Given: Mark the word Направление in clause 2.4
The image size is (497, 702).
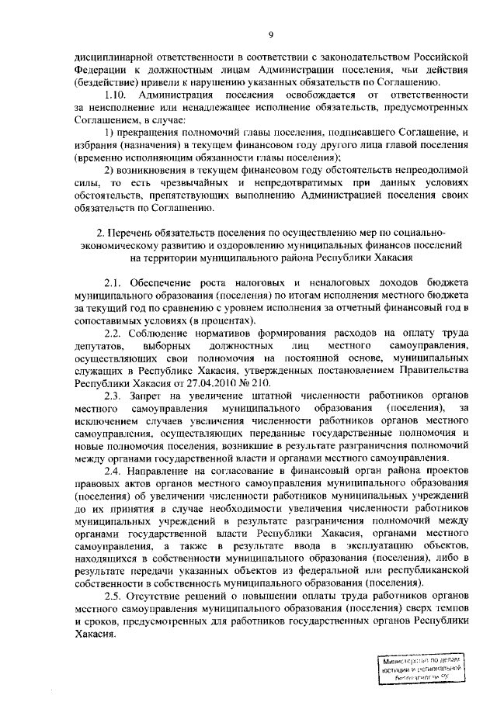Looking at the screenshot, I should coord(166,471).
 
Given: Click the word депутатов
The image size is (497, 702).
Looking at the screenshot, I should coord(96,345).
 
